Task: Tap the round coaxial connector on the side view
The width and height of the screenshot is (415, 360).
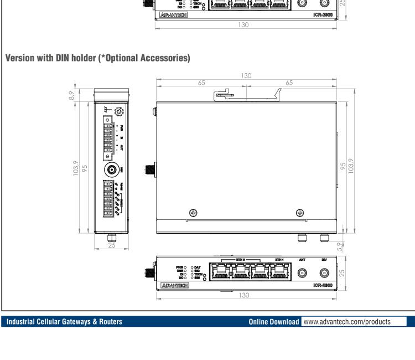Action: point(111,170)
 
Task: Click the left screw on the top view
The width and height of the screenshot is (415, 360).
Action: point(193,213)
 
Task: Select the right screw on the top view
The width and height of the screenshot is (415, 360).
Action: point(300,213)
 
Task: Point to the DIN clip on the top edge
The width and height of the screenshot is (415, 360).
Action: point(230,95)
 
